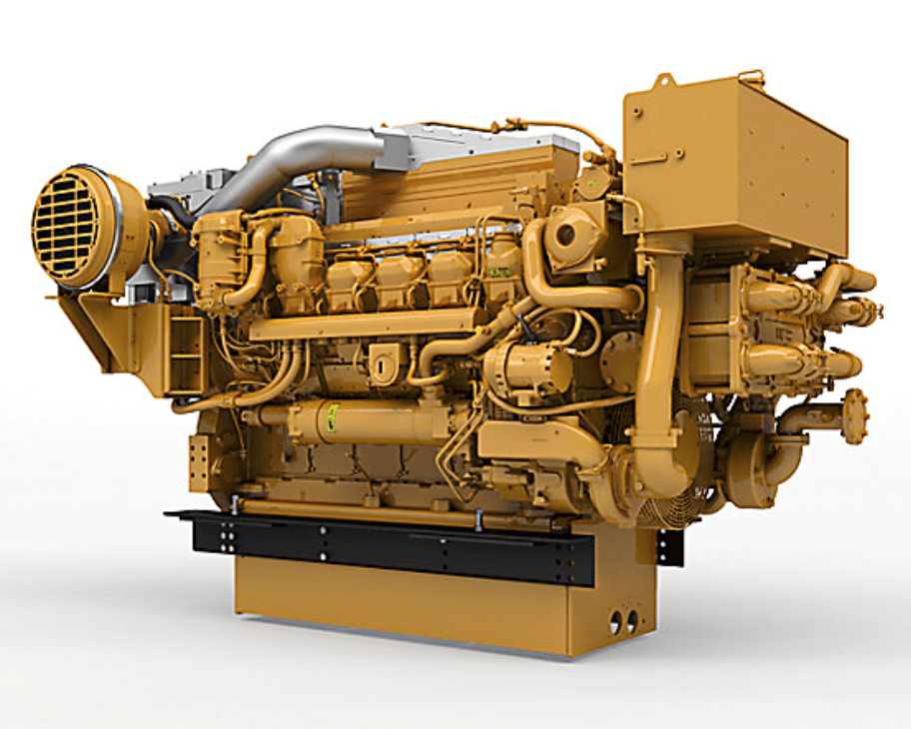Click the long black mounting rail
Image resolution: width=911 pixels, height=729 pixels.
coord(400,549)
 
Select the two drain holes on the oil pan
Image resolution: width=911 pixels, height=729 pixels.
coord(623,621)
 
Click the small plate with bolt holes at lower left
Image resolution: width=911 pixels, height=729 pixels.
coord(200,461)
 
